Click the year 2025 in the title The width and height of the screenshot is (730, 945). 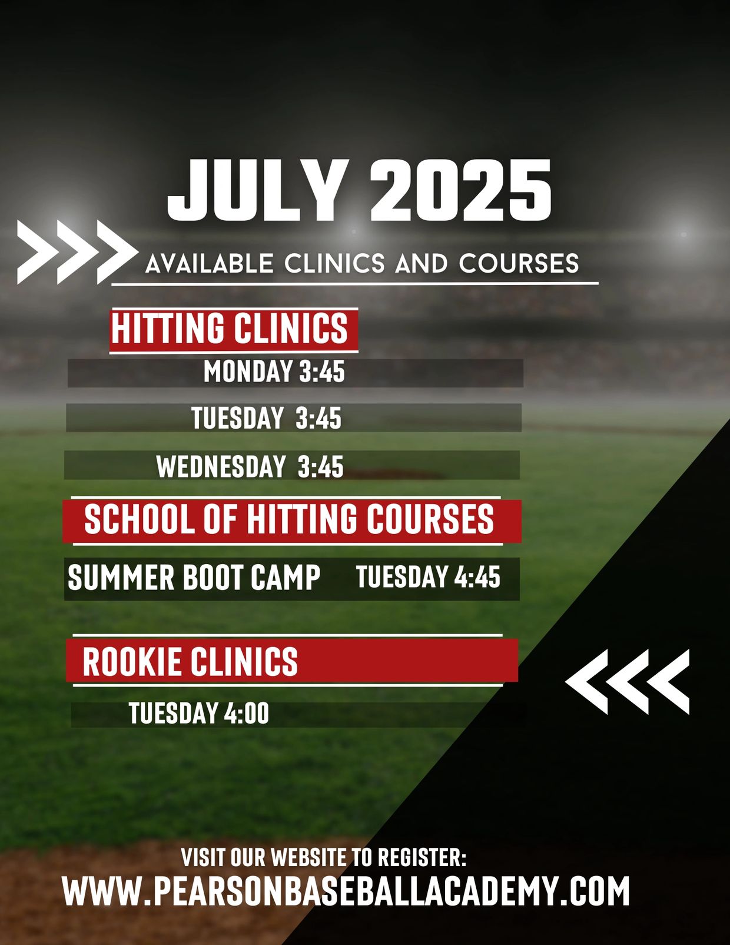click(x=461, y=191)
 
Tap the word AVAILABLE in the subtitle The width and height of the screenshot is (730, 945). click(x=210, y=264)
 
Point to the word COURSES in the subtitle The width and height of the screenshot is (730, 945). click(x=519, y=264)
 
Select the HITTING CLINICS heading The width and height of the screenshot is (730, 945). click(x=230, y=329)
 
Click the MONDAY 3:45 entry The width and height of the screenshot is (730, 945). click(x=274, y=372)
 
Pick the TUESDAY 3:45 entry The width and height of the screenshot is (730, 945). click(x=267, y=419)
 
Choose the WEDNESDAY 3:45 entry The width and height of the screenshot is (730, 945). click(x=250, y=467)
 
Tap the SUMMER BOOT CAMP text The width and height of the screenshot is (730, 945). click(x=194, y=578)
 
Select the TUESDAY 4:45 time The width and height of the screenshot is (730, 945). click(x=428, y=576)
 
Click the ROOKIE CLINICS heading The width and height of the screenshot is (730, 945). click(x=190, y=661)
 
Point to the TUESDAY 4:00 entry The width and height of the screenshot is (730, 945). click(x=199, y=713)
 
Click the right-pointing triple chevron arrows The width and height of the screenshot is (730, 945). click(x=77, y=252)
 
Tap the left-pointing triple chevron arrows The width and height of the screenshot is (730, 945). click(x=628, y=682)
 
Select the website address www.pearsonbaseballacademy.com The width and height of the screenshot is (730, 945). click(x=346, y=891)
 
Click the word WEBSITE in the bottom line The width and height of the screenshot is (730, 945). click(x=310, y=857)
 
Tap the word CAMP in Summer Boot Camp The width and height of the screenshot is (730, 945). click(x=285, y=578)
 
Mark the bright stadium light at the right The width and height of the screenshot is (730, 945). click(x=683, y=234)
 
